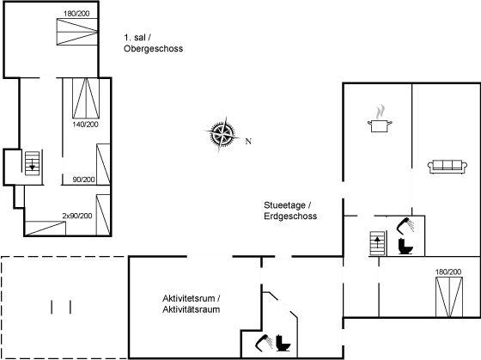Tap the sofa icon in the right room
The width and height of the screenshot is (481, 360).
445,166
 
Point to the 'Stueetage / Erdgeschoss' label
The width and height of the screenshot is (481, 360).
291,211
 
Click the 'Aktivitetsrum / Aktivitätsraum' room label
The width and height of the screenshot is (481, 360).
192,303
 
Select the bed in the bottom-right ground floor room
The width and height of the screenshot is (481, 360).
448,293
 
